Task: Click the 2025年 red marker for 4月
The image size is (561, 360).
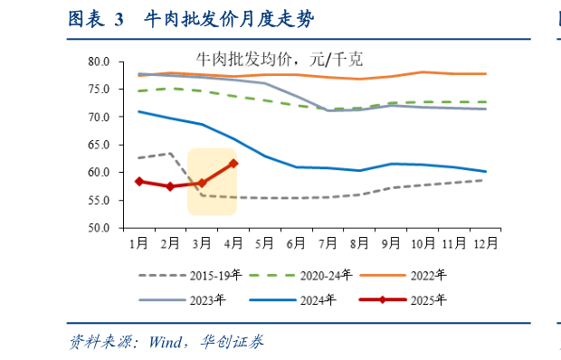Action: pyautogui.click(x=233, y=164)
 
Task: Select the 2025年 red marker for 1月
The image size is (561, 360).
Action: pyautogui.click(x=138, y=181)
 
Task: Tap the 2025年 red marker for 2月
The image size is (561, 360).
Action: pyautogui.click(x=170, y=186)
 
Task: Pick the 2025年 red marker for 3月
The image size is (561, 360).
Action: pyautogui.click(x=202, y=183)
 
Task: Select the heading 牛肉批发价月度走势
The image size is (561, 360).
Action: pyautogui.click(x=234, y=19)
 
